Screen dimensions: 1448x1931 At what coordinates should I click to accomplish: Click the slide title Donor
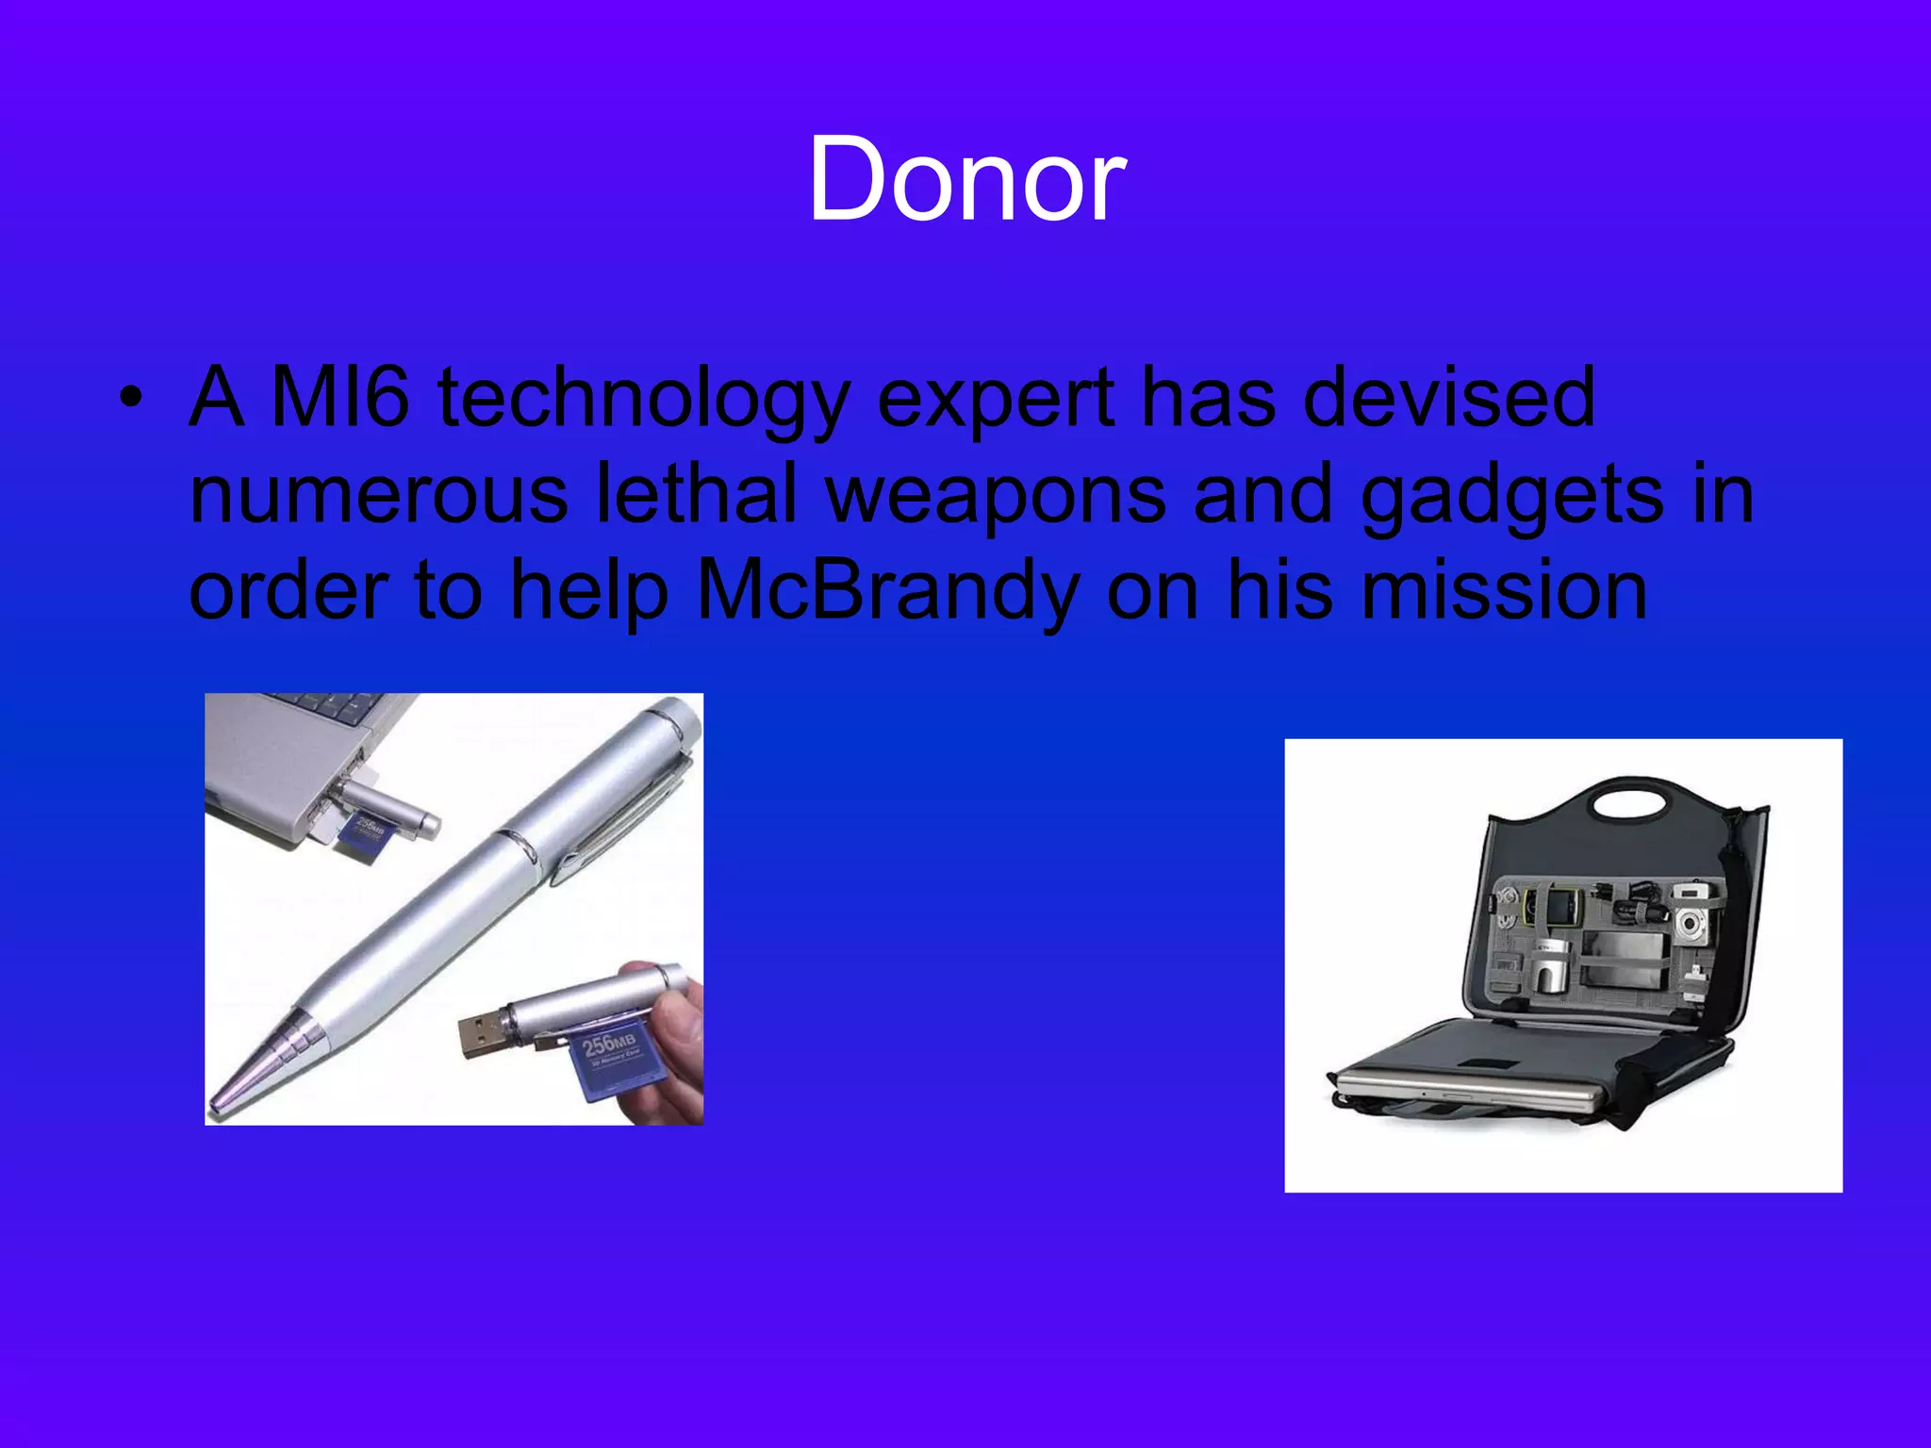(966, 179)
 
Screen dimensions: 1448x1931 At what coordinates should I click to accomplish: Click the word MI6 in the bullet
(339, 398)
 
